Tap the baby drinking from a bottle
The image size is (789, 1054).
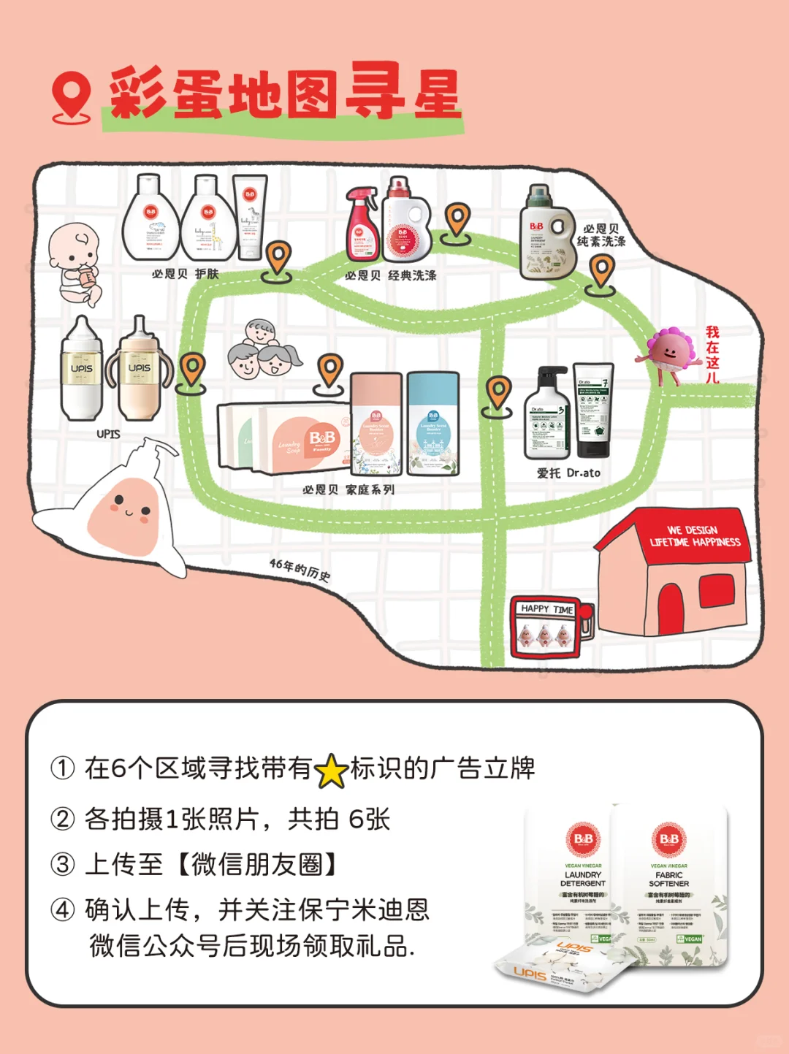click(x=74, y=263)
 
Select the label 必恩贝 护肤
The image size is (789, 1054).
click(x=185, y=274)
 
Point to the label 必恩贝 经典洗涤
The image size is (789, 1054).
click(x=390, y=275)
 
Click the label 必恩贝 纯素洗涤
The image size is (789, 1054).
click(x=601, y=234)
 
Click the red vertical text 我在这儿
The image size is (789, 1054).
click(x=712, y=355)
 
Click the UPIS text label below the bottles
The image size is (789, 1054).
click(x=108, y=434)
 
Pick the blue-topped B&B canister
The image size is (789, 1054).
click(x=433, y=424)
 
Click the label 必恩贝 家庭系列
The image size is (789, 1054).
click(x=348, y=489)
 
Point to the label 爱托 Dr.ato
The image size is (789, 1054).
click(x=568, y=473)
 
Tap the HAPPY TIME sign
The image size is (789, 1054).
click(x=547, y=609)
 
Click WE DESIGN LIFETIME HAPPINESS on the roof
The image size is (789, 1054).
click(x=694, y=536)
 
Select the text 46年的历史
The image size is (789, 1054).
click(x=300, y=570)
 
